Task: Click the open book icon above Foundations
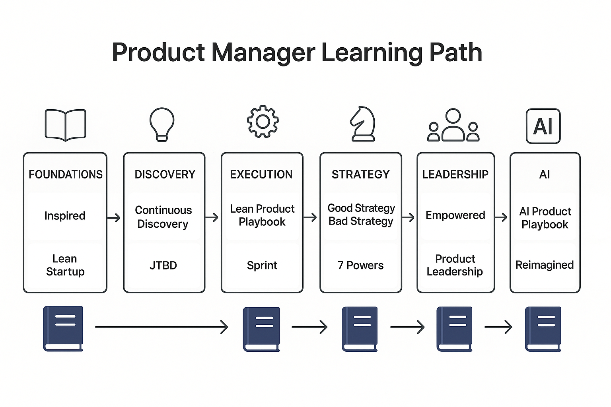(66, 125)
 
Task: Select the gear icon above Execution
(263, 122)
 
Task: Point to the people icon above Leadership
(453, 125)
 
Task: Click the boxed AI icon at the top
(543, 126)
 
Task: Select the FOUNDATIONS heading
(66, 174)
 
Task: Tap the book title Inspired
(65, 216)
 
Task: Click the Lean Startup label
(65, 265)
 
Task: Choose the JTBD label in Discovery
(163, 265)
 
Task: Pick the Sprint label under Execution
(262, 265)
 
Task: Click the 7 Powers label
(360, 265)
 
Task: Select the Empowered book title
(455, 215)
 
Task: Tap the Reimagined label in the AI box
(544, 265)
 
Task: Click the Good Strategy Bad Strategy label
(361, 215)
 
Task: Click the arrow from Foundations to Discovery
(114, 217)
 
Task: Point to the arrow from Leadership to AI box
(501, 217)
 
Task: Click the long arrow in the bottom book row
(161, 327)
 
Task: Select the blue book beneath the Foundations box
(63, 328)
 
